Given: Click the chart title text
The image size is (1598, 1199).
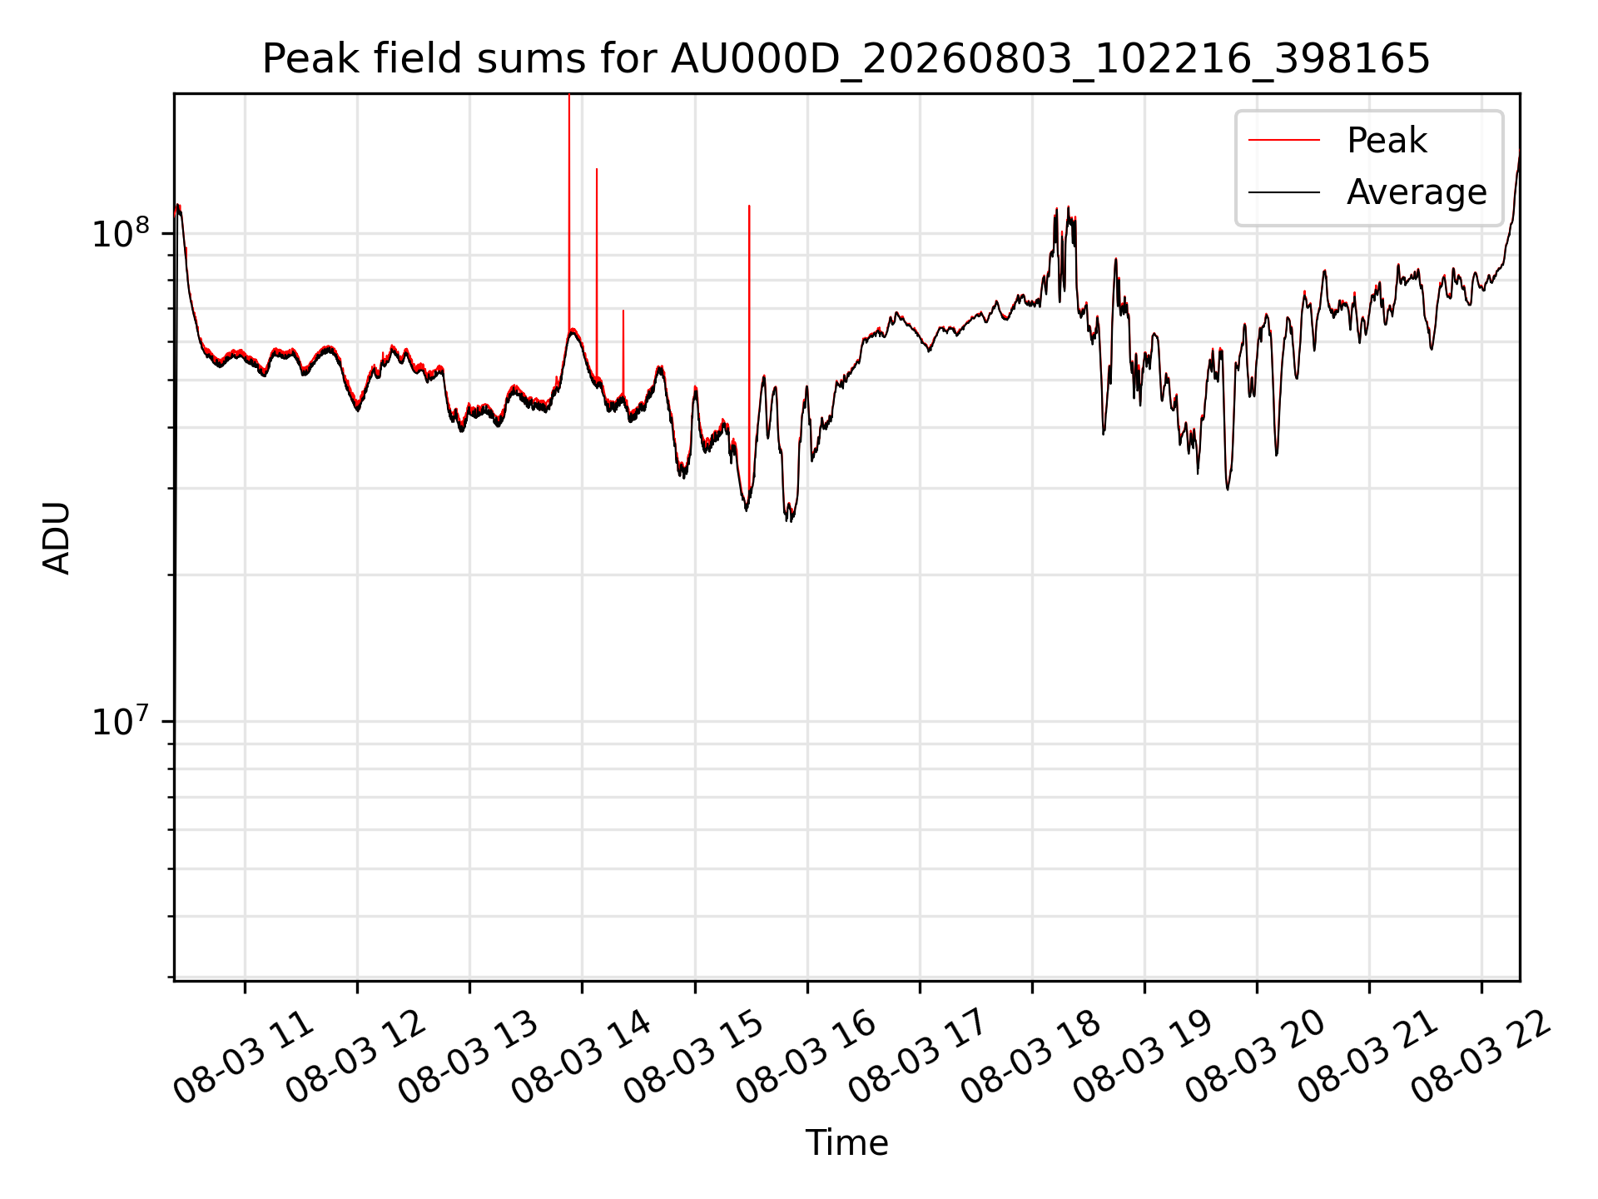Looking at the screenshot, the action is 846,59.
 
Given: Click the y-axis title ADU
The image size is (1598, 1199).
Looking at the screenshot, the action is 57,538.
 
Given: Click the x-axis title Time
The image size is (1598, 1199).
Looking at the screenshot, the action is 846,1142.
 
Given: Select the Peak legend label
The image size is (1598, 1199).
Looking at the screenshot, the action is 1387,141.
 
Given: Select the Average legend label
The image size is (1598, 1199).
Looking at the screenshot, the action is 1417,192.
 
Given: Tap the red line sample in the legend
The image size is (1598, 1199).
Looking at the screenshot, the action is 1284,141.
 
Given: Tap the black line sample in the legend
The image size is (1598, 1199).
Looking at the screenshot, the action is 1284,192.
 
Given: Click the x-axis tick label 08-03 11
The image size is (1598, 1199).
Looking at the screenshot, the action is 244,1057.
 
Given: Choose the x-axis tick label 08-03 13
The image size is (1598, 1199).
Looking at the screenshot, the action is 469,1057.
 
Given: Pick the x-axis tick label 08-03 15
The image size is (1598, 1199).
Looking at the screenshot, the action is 694,1057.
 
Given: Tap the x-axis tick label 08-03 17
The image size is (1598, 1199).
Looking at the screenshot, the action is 919,1057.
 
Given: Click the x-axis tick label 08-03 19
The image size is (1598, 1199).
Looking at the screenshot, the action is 1144,1057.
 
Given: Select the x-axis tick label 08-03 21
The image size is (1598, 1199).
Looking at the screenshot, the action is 1368,1057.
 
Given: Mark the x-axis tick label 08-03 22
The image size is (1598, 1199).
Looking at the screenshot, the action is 1481,1057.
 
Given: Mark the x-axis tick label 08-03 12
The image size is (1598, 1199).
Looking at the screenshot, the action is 356,1057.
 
